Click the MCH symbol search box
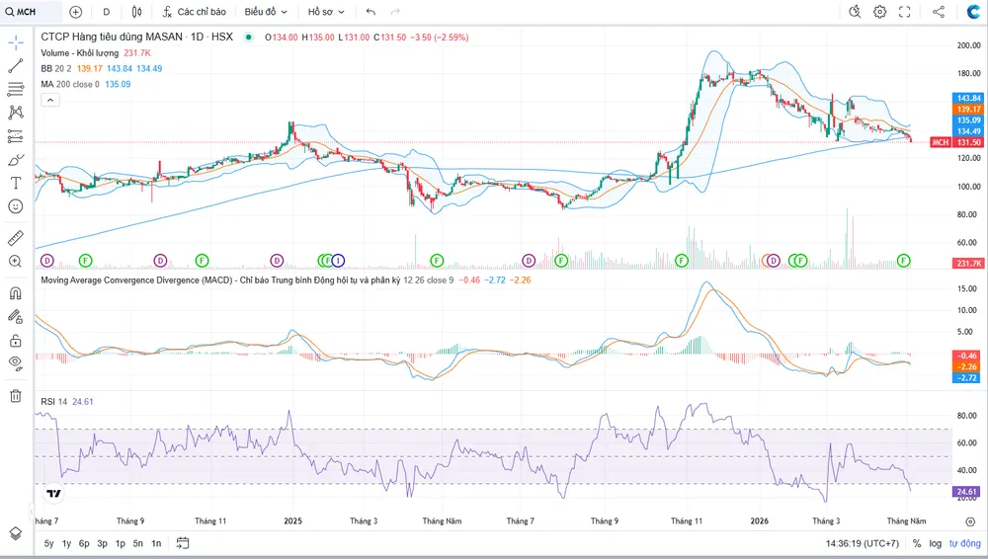(x=31, y=11)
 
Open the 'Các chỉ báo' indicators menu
(x=194, y=11)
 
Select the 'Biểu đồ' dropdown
(x=266, y=11)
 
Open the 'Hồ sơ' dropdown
(x=326, y=11)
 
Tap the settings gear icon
(x=879, y=11)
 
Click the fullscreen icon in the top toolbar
(x=904, y=11)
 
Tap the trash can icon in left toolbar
(x=16, y=396)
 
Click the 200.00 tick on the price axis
(x=968, y=45)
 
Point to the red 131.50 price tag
(x=969, y=142)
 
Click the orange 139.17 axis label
(x=968, y=109)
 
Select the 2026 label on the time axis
(x=759, y=520)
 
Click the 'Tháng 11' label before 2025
(x=209, y=520)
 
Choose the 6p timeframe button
(x=84, y=543)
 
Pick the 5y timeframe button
(x=48, y=543)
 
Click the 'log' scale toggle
(x=935, y=543)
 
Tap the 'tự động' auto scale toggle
(x=965, y=543)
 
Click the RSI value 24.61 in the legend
(x=83, y=401)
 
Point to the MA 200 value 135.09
(x=118, y=84)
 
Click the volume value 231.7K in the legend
(x=136, y=53)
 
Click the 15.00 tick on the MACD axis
(x=966, y=288)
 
